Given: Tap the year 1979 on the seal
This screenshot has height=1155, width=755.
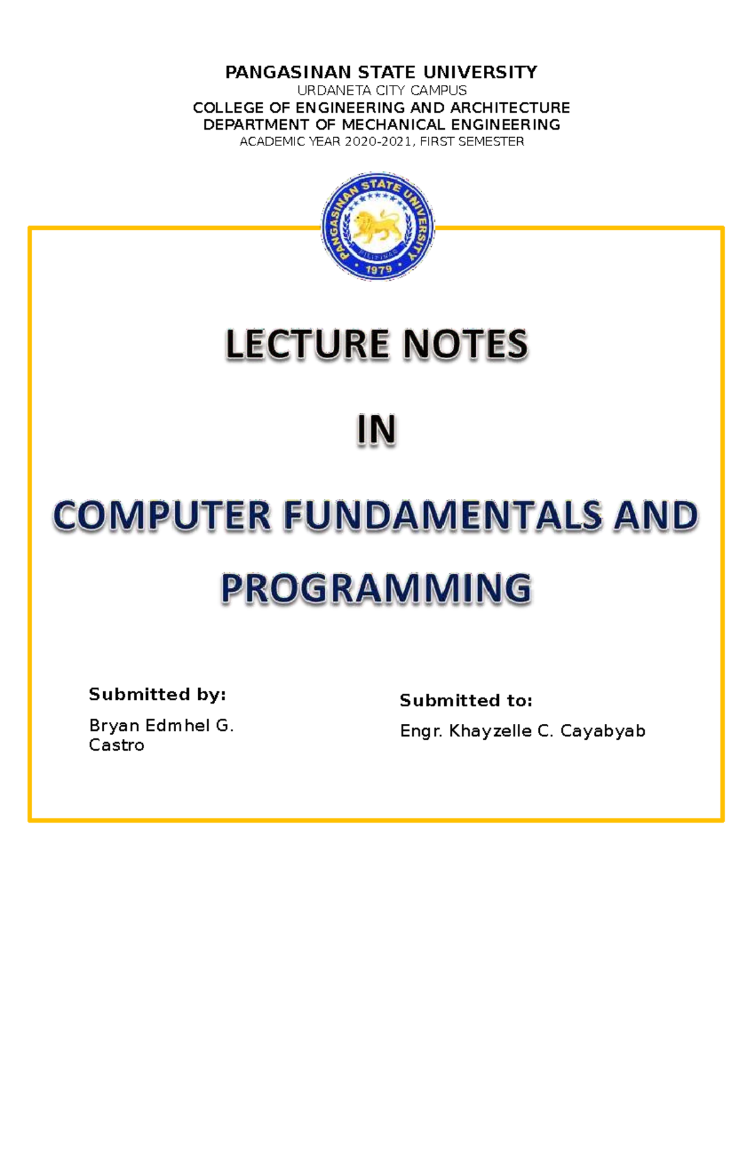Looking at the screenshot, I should [378, 269].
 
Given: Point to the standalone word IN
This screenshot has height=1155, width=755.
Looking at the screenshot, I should [376, 431].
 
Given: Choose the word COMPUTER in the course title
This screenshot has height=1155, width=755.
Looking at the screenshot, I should [162, 516].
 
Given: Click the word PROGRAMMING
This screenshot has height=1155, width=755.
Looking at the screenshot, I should [376, 589].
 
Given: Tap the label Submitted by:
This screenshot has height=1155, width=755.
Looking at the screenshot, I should [157, 694].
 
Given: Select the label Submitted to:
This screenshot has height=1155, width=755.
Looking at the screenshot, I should [466, 701].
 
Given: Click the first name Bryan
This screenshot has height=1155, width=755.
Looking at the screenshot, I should [114, 726].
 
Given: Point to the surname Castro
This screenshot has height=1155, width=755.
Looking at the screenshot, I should [116, 745].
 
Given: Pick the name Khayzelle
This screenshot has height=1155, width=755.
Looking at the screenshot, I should [490, 731].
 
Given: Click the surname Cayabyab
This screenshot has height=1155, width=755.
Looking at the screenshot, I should [603, 731].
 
